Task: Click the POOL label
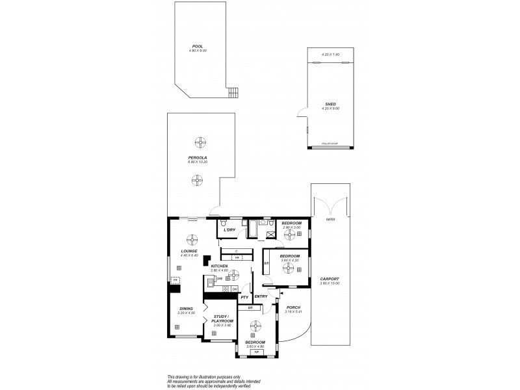pyautogui.click(x=197, y=46)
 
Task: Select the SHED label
pyautogui.click(x=331, y=104)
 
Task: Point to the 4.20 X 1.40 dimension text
pyautogui.click(x=331, y=55)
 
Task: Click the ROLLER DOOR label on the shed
pyautogui.click(x=331, y=145)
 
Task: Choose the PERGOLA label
pyautogui.click(x=197, y=157)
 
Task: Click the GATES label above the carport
pyautogui.click(x=331, y=219)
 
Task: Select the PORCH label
pyautogui.click(x=294, y=308)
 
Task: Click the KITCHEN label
pyautogui.click(x=218, y=266)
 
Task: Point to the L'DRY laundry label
pyautogui.click(x=229, y=230)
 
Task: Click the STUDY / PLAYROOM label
pyautogui.click(x=222, y=319)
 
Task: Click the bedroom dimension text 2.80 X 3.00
pyautogui.click(x=292, y=227)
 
